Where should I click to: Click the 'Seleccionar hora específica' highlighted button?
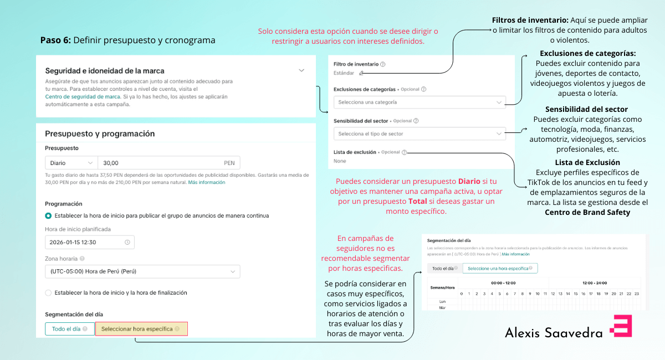141,328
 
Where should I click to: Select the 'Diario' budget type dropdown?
71,163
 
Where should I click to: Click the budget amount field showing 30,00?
166,163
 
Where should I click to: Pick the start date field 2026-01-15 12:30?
89,242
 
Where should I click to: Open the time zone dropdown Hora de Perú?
142,271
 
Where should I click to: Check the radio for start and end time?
49,292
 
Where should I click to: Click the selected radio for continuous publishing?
49,215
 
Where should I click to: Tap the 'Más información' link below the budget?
206,182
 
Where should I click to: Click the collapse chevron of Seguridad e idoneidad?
301,70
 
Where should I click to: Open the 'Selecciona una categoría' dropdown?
420,102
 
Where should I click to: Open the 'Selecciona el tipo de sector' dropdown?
420,133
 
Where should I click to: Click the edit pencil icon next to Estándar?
361,73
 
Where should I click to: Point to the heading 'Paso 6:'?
55,40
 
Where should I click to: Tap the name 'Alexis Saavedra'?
554,332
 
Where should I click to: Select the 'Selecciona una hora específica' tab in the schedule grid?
500,268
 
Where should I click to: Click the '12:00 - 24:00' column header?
594,282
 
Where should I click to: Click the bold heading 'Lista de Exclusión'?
587,162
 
